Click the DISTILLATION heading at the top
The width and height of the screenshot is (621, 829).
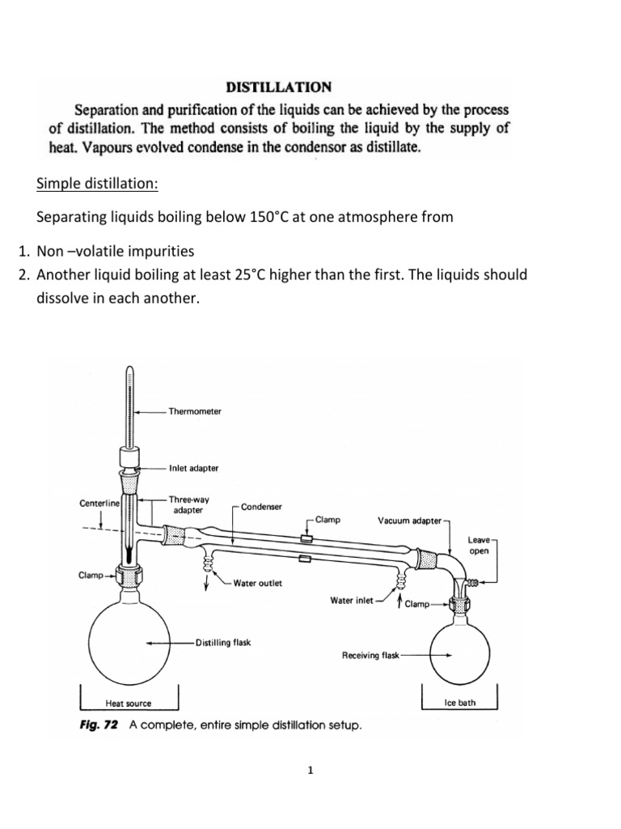pos(277,86)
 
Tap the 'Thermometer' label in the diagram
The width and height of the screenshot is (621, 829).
pos(195,411)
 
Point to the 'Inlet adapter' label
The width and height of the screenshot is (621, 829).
pos(194,468)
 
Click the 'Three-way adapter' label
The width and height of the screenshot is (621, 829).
pos(188,505)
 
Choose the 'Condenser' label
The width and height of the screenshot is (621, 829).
pos(261,507)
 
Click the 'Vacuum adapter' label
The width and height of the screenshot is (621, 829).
pos(410,521)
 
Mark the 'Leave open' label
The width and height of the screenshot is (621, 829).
pos(479,546)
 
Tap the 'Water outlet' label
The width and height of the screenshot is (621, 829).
pos(257,583)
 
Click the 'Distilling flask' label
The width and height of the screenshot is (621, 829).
pos(223,643)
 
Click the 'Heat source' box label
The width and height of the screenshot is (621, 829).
pos(129,704)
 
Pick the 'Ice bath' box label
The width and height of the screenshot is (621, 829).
pos(460,703)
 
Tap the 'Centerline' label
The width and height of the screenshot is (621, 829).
pos(99,504)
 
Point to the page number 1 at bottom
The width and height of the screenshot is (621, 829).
pos(310,770)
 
